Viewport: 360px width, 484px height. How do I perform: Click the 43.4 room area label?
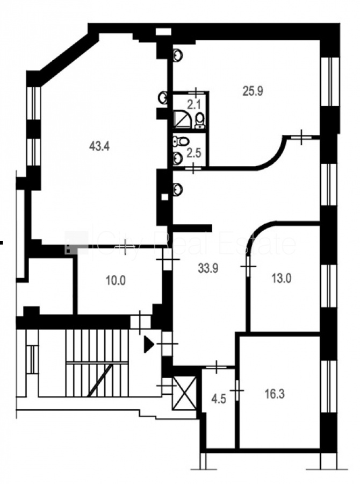click(x=99, y=146)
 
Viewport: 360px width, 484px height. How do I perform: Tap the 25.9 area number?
click(x=253, y=91)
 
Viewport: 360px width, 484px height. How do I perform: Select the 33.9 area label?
click(x=208, y=268)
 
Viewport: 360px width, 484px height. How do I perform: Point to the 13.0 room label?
click(x=282, y=279)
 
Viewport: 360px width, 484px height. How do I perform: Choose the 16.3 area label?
click(x=275, y=394)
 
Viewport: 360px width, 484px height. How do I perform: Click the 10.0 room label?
click(x=116, y=281)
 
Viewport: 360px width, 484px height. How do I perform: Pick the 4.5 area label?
click(x=219, y=399)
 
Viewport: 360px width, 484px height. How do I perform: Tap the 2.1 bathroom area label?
click(x=194, y=105)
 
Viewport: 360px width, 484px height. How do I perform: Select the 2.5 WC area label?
click(x=194, y=153)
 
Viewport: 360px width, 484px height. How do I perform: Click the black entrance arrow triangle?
click(x=149, y=345)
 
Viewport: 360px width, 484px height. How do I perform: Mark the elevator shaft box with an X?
click(x=184, y=393)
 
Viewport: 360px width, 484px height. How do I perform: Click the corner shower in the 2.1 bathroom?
click(x=181, y=120)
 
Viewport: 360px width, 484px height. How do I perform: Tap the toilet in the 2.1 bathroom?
click(x=200, y=120)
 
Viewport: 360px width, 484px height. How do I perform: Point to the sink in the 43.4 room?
click(x=163, y=98)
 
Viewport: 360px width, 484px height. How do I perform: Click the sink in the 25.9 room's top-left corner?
click(x=178, y=55)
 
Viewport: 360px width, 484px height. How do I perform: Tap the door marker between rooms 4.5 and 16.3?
click(x=236, y=390)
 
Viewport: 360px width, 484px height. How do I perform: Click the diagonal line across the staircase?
click(x=99, y=380)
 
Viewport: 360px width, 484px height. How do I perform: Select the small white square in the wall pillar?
click(x=165, y=197)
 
